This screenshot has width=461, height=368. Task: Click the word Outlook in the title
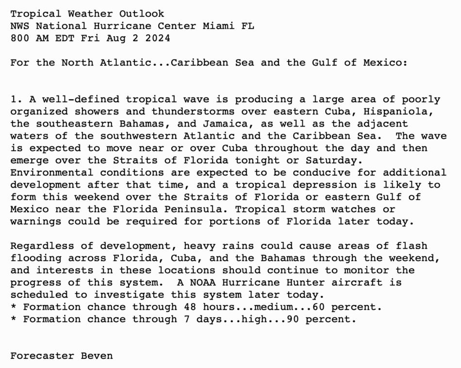coord(142,14)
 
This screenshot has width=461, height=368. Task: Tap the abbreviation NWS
coord(20,26)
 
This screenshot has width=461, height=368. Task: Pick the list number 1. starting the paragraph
coord(17,99)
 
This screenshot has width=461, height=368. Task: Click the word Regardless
coord(42,246)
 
